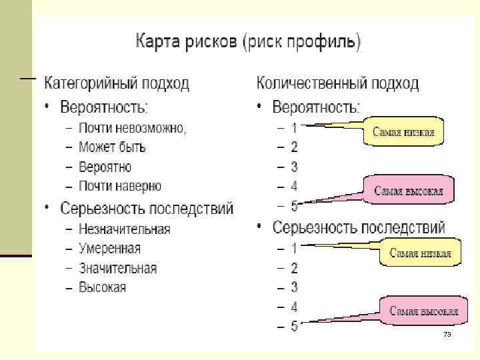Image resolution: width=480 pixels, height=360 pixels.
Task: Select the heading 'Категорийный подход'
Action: tap(117, 84)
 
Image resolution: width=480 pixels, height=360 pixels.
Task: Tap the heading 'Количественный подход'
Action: tap(338, 83)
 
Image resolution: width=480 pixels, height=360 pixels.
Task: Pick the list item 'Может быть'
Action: tap(112, 147)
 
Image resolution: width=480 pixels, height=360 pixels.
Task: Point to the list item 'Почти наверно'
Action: tap(120, 186)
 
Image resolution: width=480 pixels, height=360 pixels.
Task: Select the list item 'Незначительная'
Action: tap(124, 229)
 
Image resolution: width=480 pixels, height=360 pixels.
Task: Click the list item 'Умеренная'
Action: tap(109, 249)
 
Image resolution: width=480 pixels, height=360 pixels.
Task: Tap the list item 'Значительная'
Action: tap(117, 269)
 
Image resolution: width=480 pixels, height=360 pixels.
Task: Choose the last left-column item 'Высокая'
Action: tap(102, 288)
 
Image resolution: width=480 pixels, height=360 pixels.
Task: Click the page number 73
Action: tap(447, 334)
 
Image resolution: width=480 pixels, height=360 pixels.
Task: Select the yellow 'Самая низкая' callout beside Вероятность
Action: tap(403, 131)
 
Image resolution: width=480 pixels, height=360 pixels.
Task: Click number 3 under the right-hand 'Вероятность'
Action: tap(294, 167)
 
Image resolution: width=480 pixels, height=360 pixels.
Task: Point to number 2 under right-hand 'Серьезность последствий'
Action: tap(294, 268)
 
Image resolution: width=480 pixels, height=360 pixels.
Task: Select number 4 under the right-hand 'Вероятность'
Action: tap(294, 186)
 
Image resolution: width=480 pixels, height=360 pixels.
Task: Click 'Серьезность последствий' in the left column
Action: tap(147, 209)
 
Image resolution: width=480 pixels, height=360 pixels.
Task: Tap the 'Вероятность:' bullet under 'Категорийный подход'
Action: tap(104, 107)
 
